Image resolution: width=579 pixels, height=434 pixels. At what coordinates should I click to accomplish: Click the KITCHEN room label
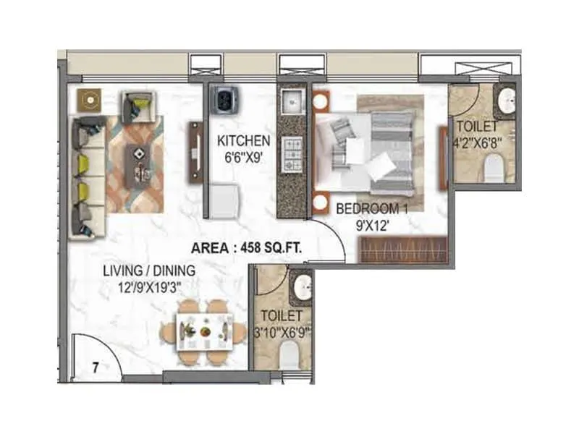coord(243,140)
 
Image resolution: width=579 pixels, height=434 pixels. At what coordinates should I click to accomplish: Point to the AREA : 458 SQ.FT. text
coord(247,248)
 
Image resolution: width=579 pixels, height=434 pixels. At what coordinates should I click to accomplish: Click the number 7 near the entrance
coord(96,367)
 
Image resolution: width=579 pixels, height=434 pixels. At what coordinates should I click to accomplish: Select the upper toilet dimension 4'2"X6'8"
coord(477,140)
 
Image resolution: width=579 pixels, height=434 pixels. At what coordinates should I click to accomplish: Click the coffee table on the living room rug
coord(138,160)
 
